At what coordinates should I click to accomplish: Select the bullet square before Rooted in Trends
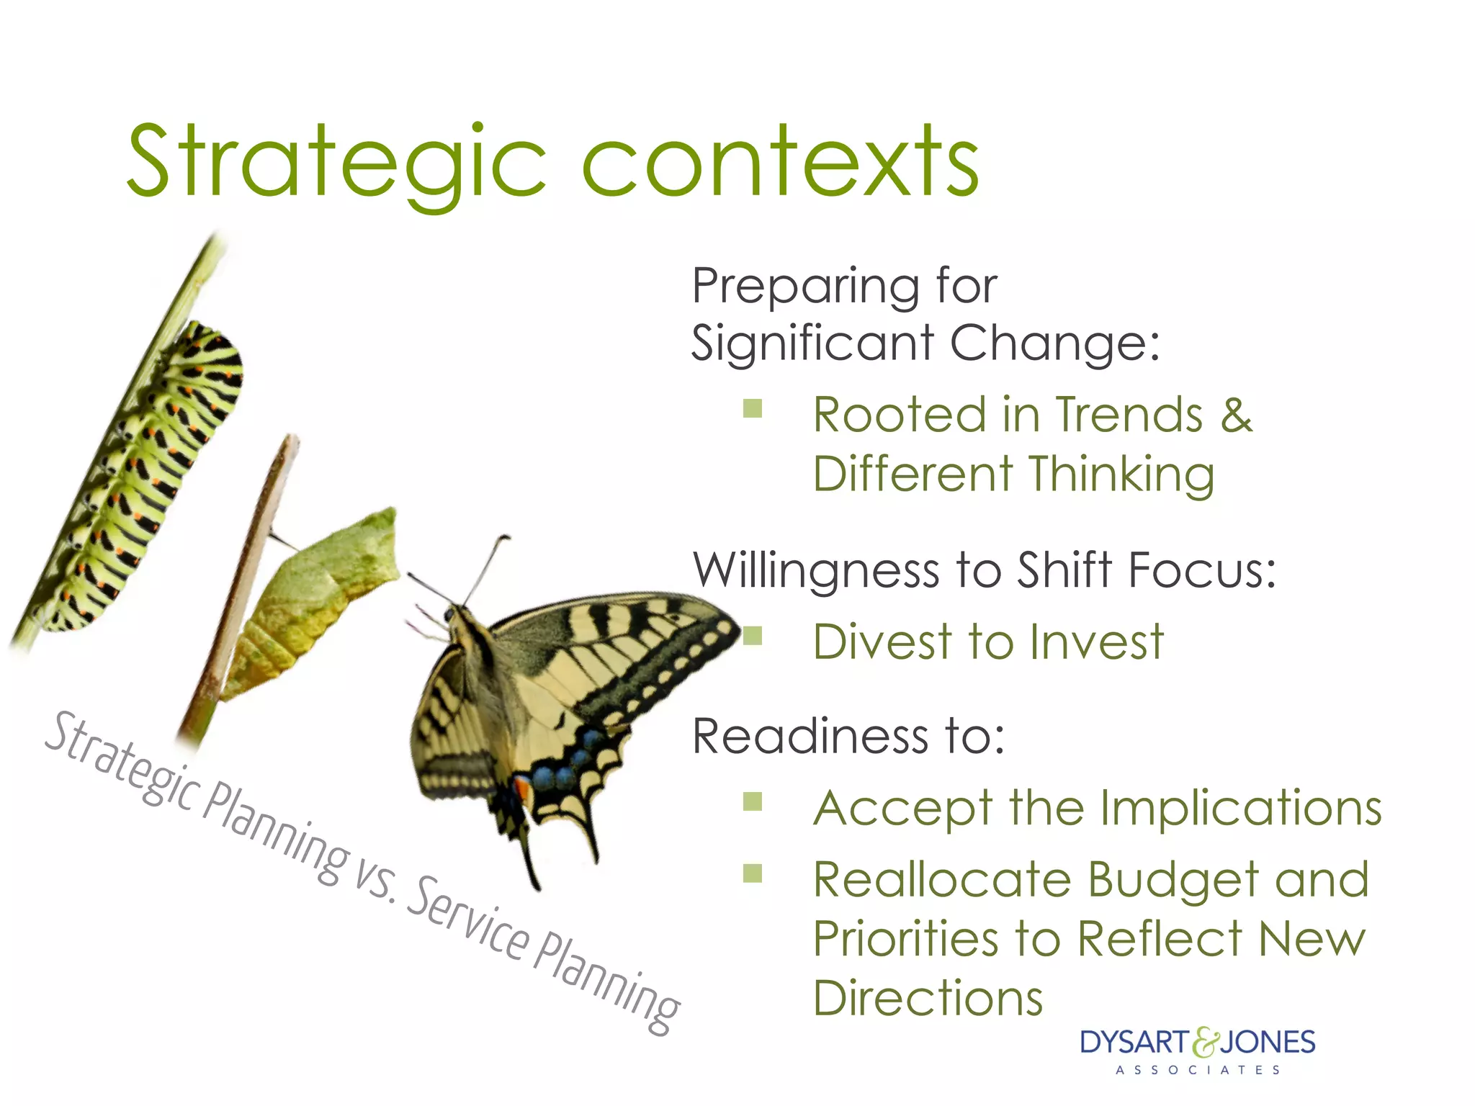(x=753, y=409)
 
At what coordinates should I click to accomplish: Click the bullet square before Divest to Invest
(x=753, y=636)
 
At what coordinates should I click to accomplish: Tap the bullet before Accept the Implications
(x=753, y=801)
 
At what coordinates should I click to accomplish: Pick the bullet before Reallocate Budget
(x=753, y=873)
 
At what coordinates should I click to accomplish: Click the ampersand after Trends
(x=1236, y=415)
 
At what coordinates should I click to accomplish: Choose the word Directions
(x=928, y=999)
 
